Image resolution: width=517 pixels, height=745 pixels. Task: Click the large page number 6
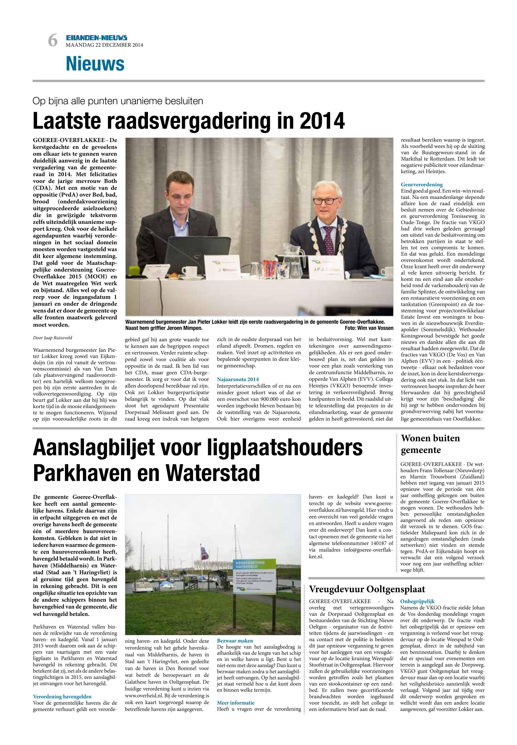pos(52,41)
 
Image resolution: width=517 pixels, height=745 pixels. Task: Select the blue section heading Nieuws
pos(95,64)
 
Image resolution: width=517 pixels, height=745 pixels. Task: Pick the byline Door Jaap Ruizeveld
pos(52,338)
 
